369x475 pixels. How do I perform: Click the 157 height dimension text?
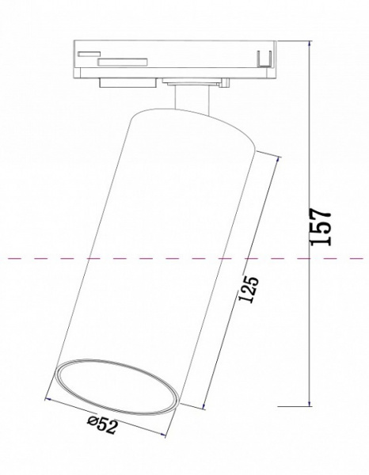coord(319,228)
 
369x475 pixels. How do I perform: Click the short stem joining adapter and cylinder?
coord(190,97)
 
